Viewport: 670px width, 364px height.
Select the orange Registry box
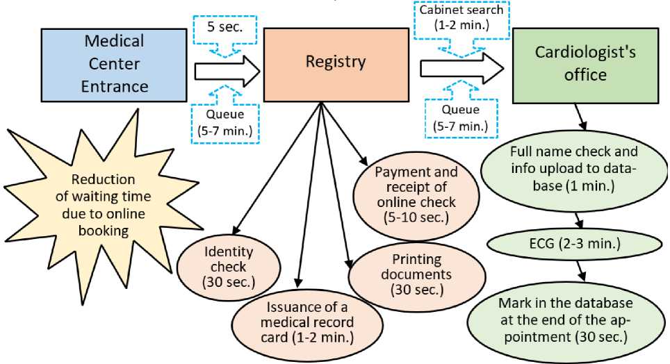(x=335, y=64)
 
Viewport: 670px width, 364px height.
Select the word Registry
(x=335, y=62)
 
